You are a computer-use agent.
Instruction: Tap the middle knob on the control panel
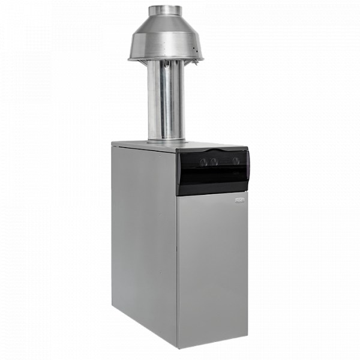pyautogui.click(x=213, y=161)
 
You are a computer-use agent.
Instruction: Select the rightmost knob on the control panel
pyautogui.click(x=236, y=161)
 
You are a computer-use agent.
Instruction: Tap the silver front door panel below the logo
pyautogui.click(x=213, y=270)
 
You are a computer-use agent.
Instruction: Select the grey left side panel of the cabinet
pyautogui.click(x=144, y=240)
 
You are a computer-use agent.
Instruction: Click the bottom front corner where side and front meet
pyautogui.click(x=176, y=347)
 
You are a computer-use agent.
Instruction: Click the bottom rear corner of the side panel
pyautogui.click(x=113, y=312)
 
